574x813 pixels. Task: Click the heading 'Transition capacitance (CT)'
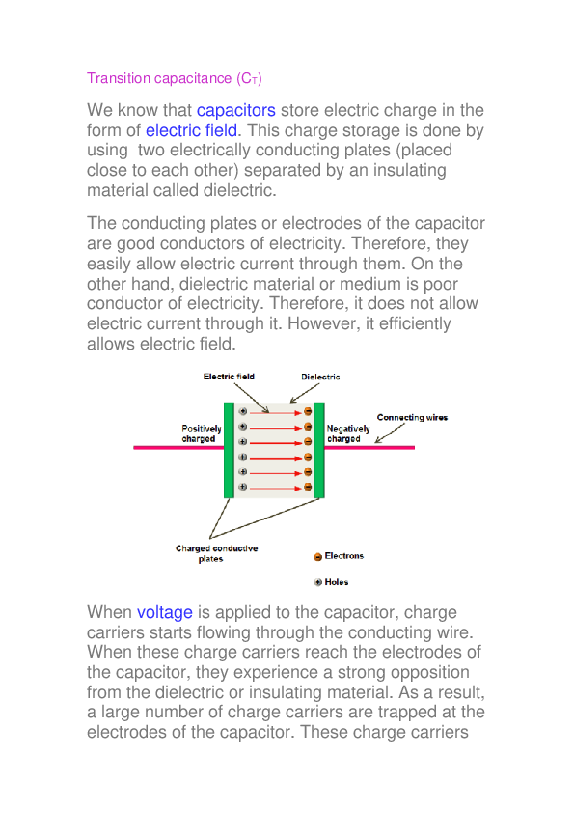pos(175,78)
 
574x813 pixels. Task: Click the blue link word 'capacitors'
pos(236,111)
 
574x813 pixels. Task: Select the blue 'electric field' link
pos(191,130)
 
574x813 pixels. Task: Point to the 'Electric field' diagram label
pos(229,377)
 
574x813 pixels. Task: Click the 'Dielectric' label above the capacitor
pos(320,377)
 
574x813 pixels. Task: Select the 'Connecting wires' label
pos(412,418)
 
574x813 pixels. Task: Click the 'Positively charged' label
pos(202,434)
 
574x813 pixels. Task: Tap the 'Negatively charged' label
pos(343,434)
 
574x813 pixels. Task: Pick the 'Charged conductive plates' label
pos(216,553)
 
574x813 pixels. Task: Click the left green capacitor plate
pos(229,450)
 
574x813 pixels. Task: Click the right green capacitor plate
pos(319,450)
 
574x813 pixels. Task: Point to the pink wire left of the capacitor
pos(178,448)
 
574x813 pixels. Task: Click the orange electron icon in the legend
pos(317,557)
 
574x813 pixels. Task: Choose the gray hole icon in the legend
pos(317,582)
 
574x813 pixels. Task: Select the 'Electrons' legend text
pos(344,557)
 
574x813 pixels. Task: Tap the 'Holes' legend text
pos(337,582)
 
